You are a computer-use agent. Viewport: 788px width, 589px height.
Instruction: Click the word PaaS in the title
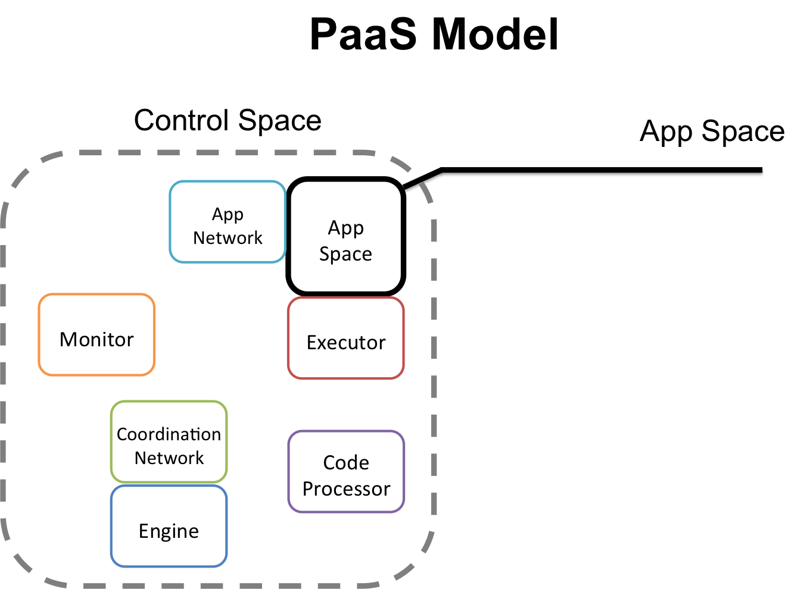(x=363, y=35)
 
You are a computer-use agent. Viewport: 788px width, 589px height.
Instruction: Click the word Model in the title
(x=495, y=35)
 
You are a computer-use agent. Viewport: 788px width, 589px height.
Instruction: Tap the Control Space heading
(x=228, y=121)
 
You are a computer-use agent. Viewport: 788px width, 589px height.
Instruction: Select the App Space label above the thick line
(x=712, y=131)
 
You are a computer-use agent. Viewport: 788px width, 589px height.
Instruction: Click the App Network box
(x=228, y=222)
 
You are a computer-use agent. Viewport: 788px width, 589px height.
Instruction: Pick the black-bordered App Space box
(x=346, y=237)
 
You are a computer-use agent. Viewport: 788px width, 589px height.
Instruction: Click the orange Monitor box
(x=96, y=334)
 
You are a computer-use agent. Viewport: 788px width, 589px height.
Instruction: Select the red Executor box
(x=346, y=338)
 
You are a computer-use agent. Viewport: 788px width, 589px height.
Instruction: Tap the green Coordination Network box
(x=169, y=441)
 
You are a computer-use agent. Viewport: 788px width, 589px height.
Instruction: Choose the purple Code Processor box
(x=346, y=471)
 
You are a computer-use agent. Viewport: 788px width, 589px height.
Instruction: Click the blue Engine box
(x=169, y=527)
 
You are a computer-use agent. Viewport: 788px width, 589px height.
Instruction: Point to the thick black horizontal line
(x=602, y=172)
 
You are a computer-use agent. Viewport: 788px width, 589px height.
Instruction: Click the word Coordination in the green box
(x=169, y=434)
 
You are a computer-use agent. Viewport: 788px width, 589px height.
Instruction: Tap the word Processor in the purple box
(x=346, y=489)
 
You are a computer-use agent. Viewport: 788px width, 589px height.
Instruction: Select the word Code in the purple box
(x=346, y=463)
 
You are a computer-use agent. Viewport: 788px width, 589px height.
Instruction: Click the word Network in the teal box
(x=228, y=238)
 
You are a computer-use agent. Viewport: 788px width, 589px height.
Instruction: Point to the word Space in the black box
(x=345, y=254)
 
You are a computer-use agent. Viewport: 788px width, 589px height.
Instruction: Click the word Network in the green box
(x=169, y=458)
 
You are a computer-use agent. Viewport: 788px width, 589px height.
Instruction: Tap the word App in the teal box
(x=228, y=214)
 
